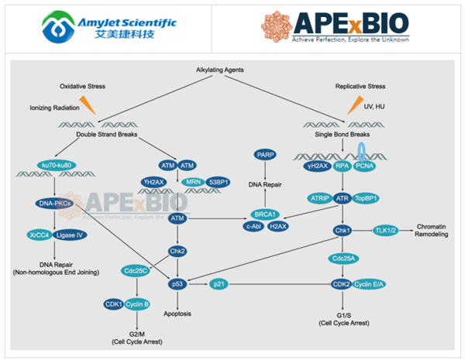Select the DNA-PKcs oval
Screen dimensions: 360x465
(54, 204)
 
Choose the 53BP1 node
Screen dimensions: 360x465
(210, 183)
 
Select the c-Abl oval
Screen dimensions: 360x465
(251, 225)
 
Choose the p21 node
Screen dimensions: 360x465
(221, 285)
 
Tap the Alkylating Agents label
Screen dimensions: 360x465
(221, 70)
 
